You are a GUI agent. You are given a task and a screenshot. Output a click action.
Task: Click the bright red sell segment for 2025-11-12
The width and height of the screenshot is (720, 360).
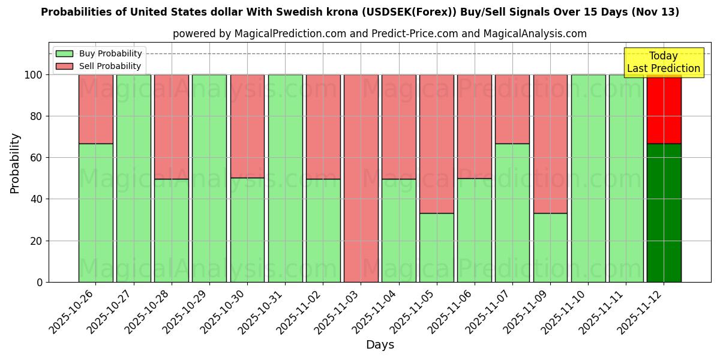[664, 109]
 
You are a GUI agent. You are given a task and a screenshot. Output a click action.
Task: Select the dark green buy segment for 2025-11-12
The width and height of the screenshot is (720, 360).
[664, 213]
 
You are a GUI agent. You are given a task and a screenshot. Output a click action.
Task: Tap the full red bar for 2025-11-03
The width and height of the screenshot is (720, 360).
[361, 178]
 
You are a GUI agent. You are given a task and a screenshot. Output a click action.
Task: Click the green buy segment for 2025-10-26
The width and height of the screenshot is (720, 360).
[95, 213]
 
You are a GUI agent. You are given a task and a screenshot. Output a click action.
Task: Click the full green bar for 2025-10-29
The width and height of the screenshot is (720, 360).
[209, 178]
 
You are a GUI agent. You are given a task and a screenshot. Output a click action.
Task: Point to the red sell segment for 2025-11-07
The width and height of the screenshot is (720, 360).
[512, 109]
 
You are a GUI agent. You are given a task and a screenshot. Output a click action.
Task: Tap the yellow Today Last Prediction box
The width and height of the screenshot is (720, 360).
[663, 62]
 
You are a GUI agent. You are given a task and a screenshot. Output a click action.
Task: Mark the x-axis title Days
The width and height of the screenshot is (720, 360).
[380, 345]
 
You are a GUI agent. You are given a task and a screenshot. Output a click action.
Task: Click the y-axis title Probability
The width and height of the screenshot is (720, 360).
[15, 163]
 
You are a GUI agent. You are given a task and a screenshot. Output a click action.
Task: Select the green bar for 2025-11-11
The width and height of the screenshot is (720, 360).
[626, 178]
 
